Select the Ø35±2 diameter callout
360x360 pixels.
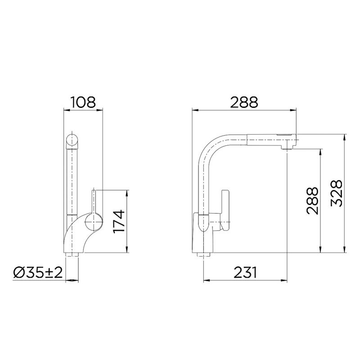pyautogui.click(x=38, y=272)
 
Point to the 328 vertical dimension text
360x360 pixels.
pyautogui.click(x=338, y=193)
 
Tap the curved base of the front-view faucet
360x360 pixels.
pyautogui.click(x=74, y=238)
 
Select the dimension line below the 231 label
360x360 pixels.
pyautogui.click(x=244, y=281)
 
